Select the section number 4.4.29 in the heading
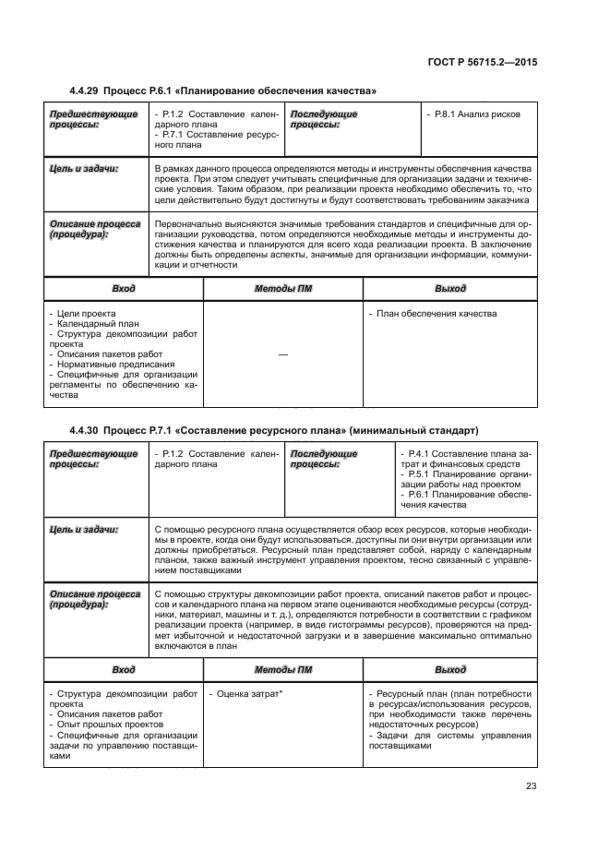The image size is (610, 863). click(x=85, y=91)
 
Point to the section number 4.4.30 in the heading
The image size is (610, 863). click(x=85, y=430)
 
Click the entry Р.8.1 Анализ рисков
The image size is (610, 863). click(x=475, y=114)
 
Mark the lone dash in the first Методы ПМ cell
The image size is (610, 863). click(x=281, y=354)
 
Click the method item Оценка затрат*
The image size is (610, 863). click(x=245, y=692)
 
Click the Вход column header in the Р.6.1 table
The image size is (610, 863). click(x=123, y=289)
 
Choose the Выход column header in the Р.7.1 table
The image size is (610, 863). click(x=450, y=669)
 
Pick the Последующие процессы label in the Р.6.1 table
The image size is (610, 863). click(x=323, y=119)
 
